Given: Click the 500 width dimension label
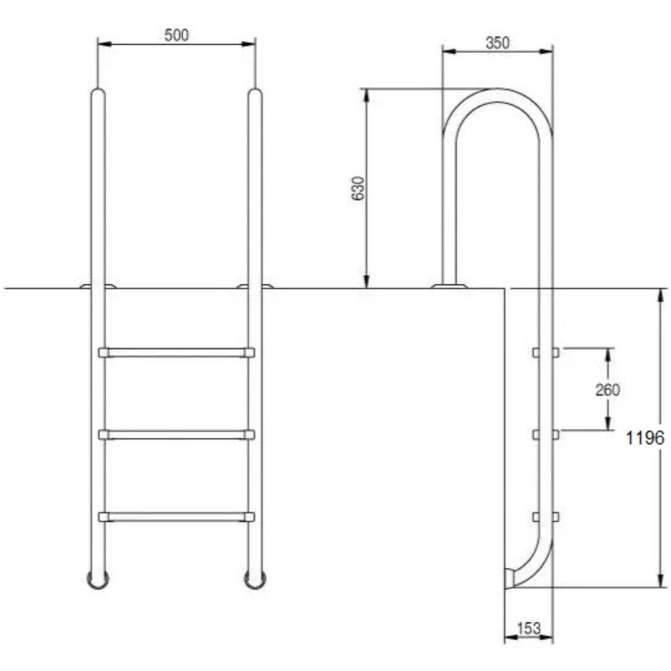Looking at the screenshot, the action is (x=176, y=35).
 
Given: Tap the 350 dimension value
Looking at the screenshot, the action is (x=498, y=43).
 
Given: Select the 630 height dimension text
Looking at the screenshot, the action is (x=357, y=188).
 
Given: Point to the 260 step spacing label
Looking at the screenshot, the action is (x=607, y=390).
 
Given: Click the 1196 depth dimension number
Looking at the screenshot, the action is (x=645, y=438).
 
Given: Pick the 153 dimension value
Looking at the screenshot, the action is (x=529, y=628).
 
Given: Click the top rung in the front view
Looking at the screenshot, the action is (x=176, y=353).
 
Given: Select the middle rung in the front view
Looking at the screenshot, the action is (x=176, y=435).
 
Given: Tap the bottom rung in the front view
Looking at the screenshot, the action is (x=176, y=517).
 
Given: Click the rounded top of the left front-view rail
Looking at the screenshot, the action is (x=98, y=92).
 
